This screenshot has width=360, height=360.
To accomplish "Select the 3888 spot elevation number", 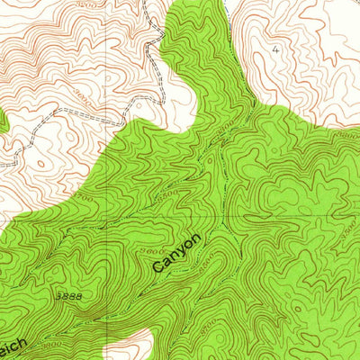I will (69, 295).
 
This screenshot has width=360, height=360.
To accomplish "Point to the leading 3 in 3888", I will (58, 295).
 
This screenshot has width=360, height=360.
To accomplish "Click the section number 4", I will (274, 51).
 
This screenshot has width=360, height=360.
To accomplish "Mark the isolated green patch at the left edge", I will (4, 122).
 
